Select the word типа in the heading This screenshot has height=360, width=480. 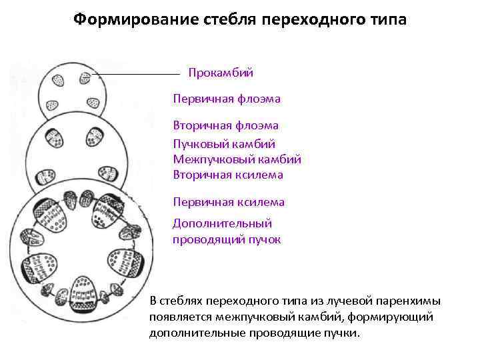[x=382, y=19]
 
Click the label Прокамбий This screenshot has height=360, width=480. [x=221, y=72]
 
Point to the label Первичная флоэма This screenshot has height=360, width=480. [x=227, y=99]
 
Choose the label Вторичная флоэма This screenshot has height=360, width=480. [x=226, y=125]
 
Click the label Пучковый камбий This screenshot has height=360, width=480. [x=224, y=143]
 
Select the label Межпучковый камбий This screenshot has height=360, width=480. [x=237, y=159]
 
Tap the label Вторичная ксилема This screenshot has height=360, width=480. [x=228, y=175]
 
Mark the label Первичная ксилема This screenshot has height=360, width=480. [x=229, y=201]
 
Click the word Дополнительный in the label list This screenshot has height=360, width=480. [x=222, y=223]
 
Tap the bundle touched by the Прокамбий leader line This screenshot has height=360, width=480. [x=85, y=77]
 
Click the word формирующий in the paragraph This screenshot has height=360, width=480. [x=399, y=317]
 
